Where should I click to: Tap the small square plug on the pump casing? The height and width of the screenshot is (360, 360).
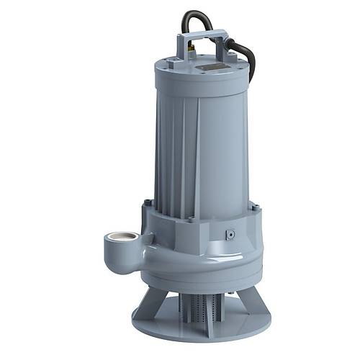[230, 235]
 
